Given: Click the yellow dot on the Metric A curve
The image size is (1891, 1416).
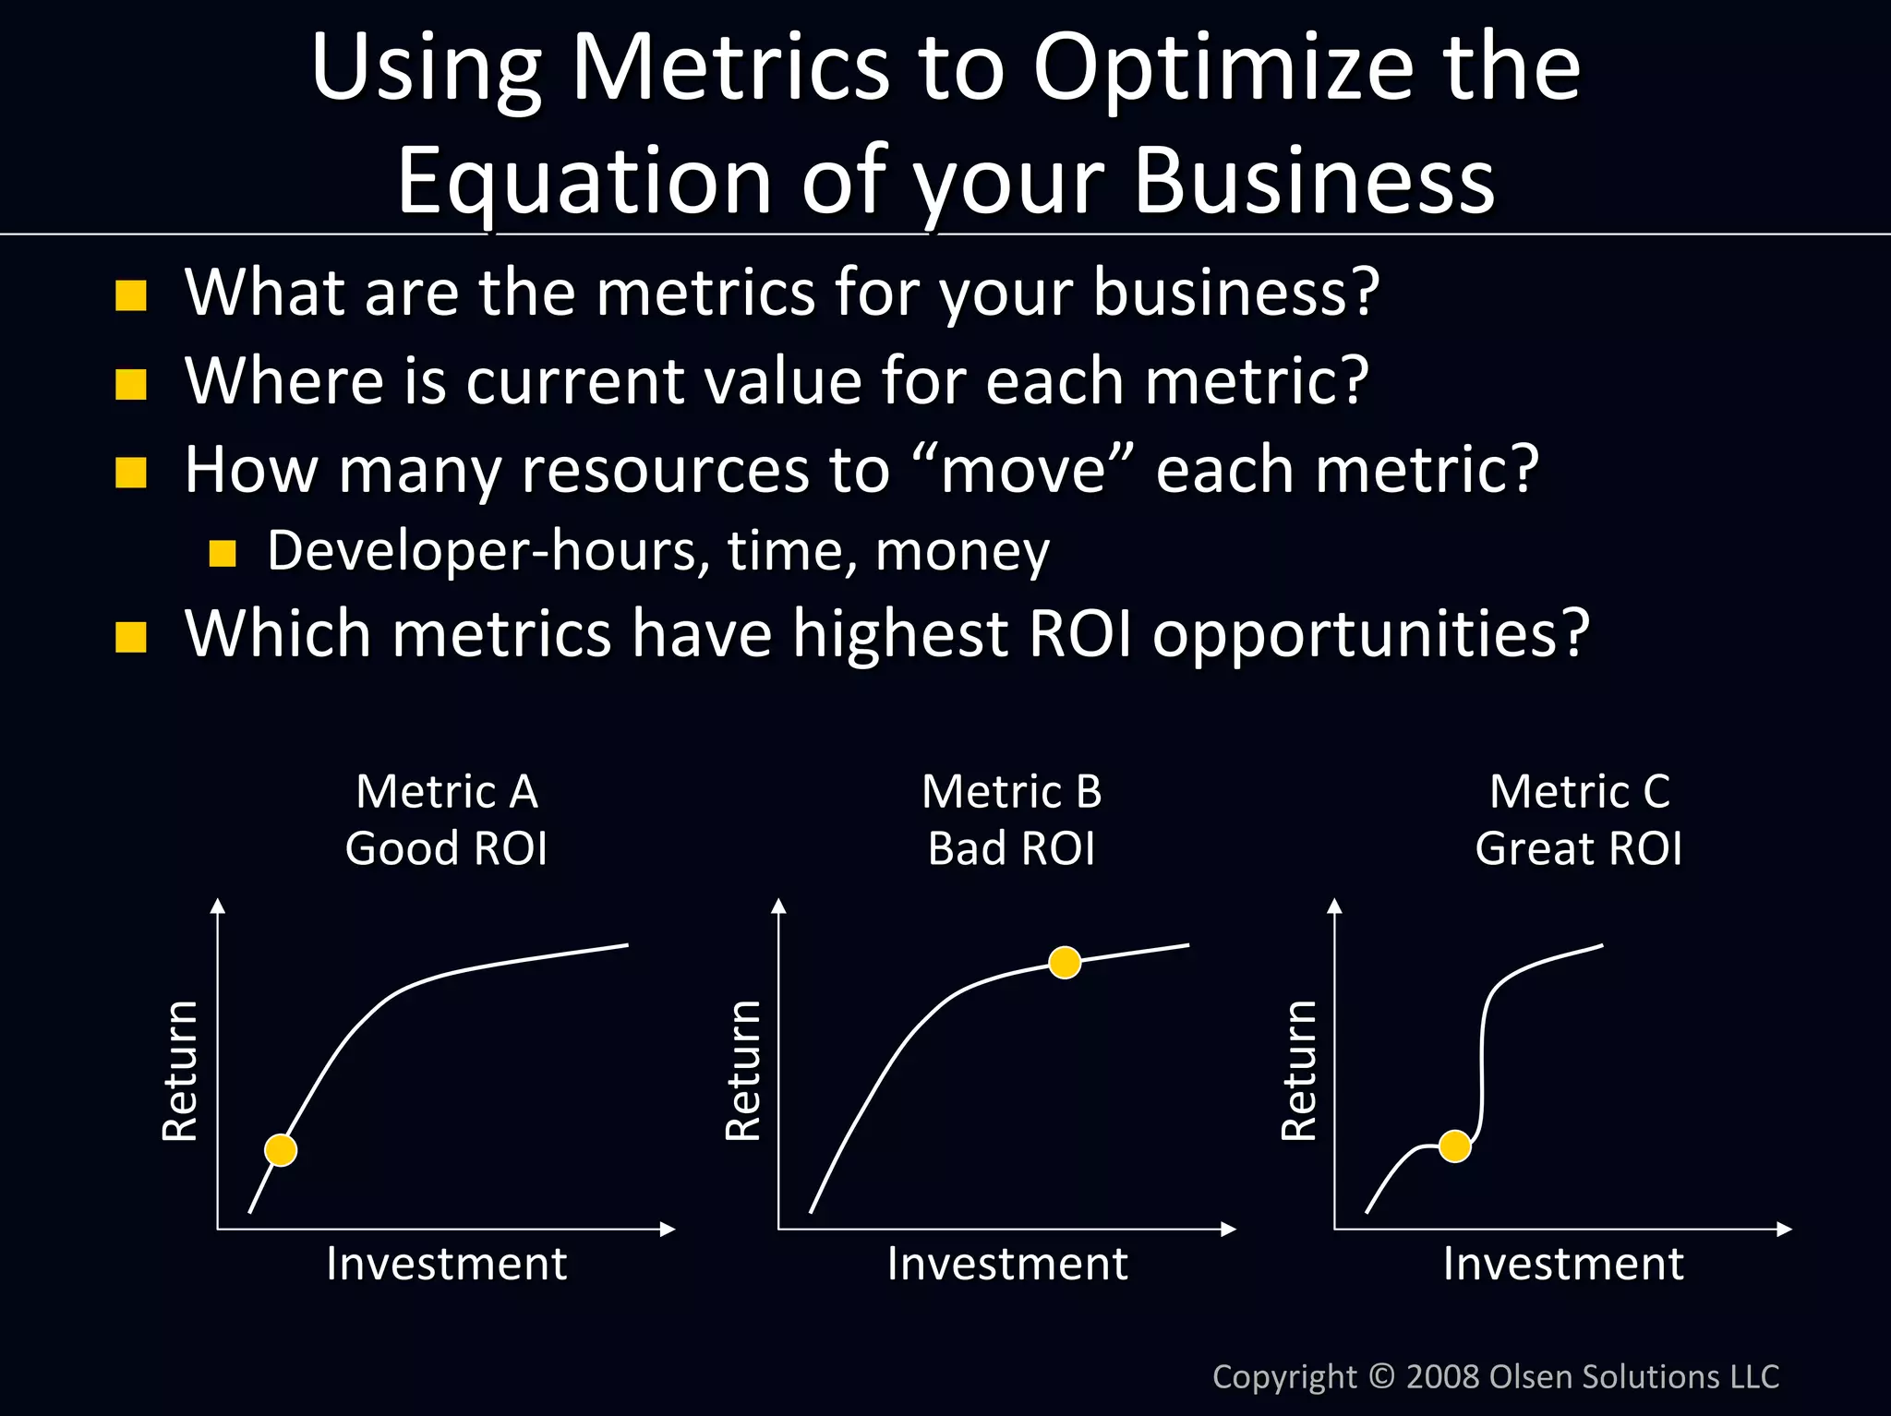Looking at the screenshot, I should coord(281,1150).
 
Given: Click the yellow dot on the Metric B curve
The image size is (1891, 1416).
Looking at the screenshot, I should coord(1065,962).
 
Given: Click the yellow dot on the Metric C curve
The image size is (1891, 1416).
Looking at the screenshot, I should coord(1454,1146).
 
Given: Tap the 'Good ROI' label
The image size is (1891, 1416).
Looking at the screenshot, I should coord(446,848).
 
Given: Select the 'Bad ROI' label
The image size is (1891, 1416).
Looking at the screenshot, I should coord(1011,848).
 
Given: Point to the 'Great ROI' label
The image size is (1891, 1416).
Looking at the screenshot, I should coord(1578,848).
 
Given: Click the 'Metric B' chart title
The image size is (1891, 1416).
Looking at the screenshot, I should coord(1011,792).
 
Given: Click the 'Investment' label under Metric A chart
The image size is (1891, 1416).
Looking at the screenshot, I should coord(446,1264).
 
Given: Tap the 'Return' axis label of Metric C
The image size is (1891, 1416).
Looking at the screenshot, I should coord(1299,1071).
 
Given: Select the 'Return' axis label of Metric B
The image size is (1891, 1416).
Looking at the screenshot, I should coord(743,1071).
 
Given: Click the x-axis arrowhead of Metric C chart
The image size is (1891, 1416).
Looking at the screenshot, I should coord(1784,1229).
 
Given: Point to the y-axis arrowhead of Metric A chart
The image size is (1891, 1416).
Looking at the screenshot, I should coord(218,906).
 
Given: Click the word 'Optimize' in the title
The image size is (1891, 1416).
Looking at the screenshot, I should coord(1223,68).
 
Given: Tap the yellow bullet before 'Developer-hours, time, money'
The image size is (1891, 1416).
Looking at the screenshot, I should coord(223,553).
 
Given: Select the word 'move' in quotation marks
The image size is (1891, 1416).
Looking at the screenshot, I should coord(1023,470).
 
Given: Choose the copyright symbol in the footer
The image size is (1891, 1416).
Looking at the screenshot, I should coord(1381,1376).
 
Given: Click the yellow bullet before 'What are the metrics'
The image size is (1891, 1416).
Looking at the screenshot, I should coord(131,295).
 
